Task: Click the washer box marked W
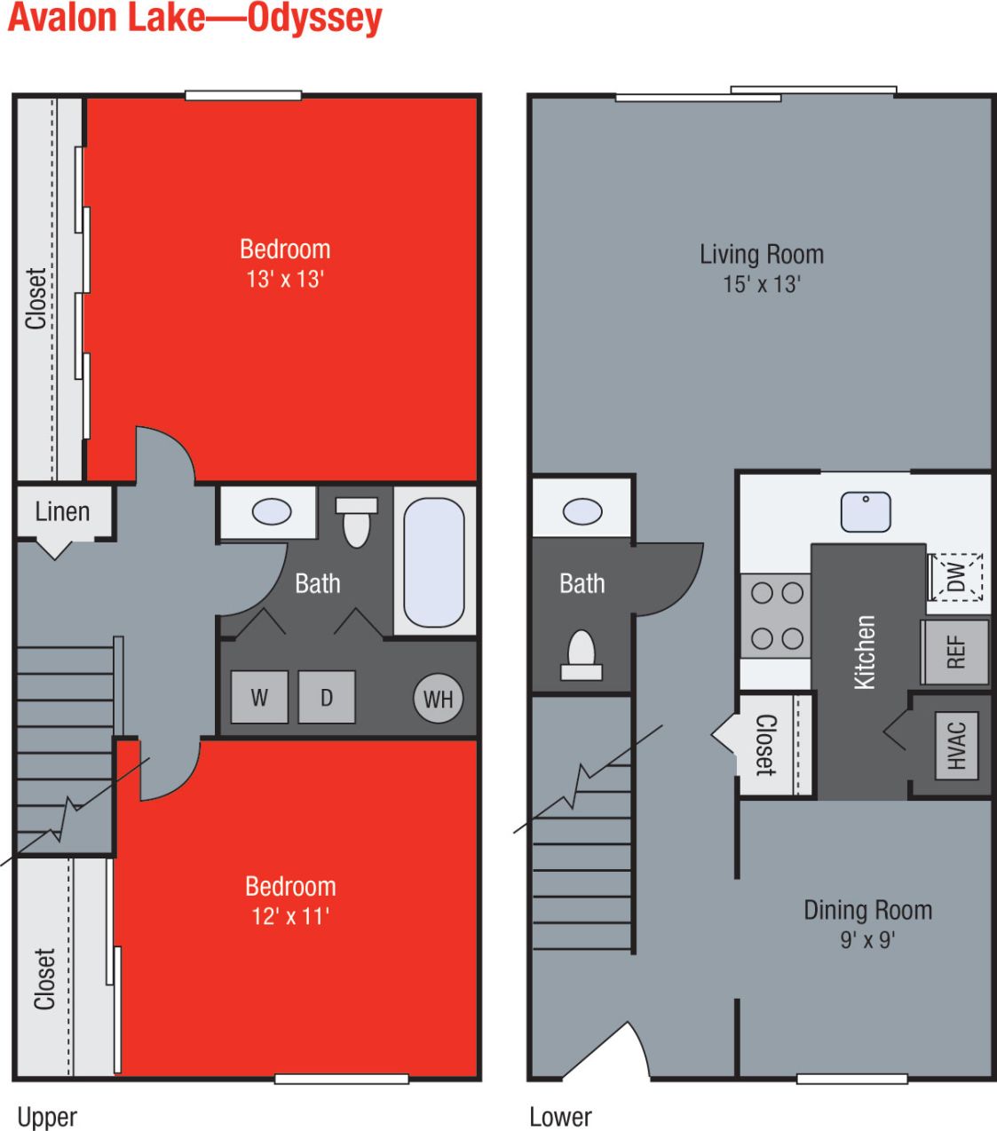(x=259, y=697)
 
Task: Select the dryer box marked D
(x=327, y=697)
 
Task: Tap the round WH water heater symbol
(x=438, y=699)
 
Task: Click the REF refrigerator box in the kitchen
(x=955, y=652)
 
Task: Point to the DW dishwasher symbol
(x=956, y=577)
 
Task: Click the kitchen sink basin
(x=866, y=512)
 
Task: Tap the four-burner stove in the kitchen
(x=777, y=615)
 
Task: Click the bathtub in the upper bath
(x=434, y=562)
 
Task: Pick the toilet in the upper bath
(x=356, y=522)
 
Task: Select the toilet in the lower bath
(x=582, y=655)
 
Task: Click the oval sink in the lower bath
(x=582, y=511)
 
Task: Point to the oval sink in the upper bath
(x=272, y=512)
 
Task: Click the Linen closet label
(x=62, y=512)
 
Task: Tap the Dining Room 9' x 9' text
(x=867, y=923)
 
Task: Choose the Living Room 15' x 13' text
(x=761, y=268)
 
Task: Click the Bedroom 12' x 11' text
(x=290, y=900)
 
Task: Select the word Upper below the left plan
(x=48, y=1117)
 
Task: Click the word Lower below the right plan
(x=560, y=1117)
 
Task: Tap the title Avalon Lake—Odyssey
(x=195, y=18)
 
